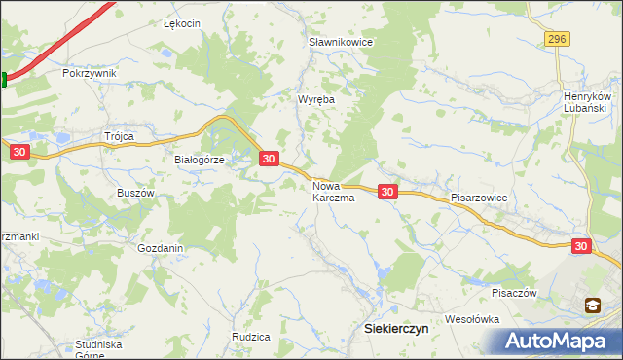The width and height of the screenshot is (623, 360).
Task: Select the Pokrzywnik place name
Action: click(x=89, y=73)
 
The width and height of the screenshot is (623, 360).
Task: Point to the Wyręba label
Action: click(x=316, y=99)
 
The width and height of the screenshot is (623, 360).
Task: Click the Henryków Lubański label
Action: click(x=587, y=102)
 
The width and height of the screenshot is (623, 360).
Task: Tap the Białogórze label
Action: click(x=199, y=160)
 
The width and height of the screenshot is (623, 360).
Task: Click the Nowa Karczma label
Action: click(x=333, y=191)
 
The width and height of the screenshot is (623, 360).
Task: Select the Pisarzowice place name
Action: click(x=479, y=197)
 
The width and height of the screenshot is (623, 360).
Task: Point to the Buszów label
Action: click(x=136, y=193)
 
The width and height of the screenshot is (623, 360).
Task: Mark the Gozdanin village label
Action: click(x=161, y=248)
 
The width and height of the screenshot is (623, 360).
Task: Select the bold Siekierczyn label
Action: click(x=395, y=329)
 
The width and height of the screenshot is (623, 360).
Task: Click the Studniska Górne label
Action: click(x=104, y=348)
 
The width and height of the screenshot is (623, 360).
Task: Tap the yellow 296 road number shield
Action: click(x=556, y=38)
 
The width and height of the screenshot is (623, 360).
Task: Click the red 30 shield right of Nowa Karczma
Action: click(x=387, y=192)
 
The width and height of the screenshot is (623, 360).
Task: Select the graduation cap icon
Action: click(x=592, y=306)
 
